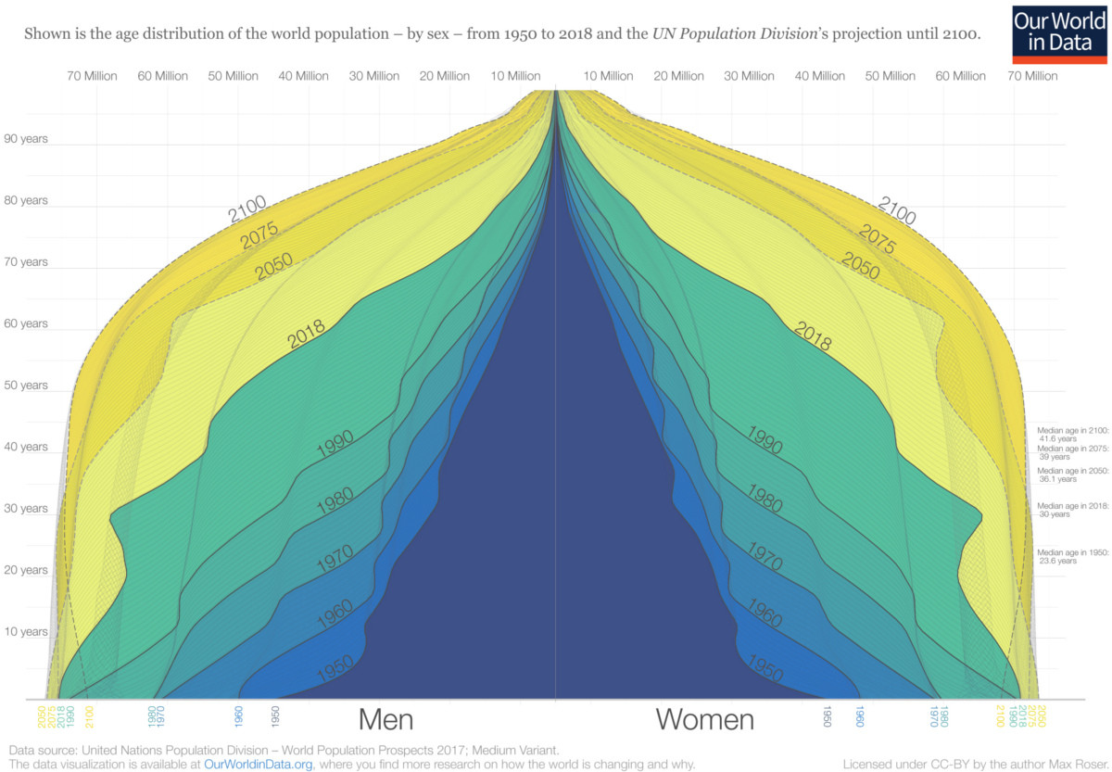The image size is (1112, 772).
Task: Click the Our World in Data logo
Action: point(1060,33)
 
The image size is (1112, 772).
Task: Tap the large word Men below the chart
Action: point(385,720)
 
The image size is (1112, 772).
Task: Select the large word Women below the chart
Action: point(705,720)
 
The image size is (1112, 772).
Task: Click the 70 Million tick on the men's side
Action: point(92,76)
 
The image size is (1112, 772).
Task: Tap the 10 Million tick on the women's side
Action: point(608,76)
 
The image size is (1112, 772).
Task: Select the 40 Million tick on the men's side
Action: point(303,76)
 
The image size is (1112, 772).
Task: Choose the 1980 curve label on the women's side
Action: point(765,499)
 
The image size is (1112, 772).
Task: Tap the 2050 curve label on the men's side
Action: point(273,268)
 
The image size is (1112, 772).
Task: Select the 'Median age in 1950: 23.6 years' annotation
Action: point(1072,556)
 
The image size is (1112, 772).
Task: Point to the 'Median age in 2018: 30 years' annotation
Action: point(1072,511)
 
